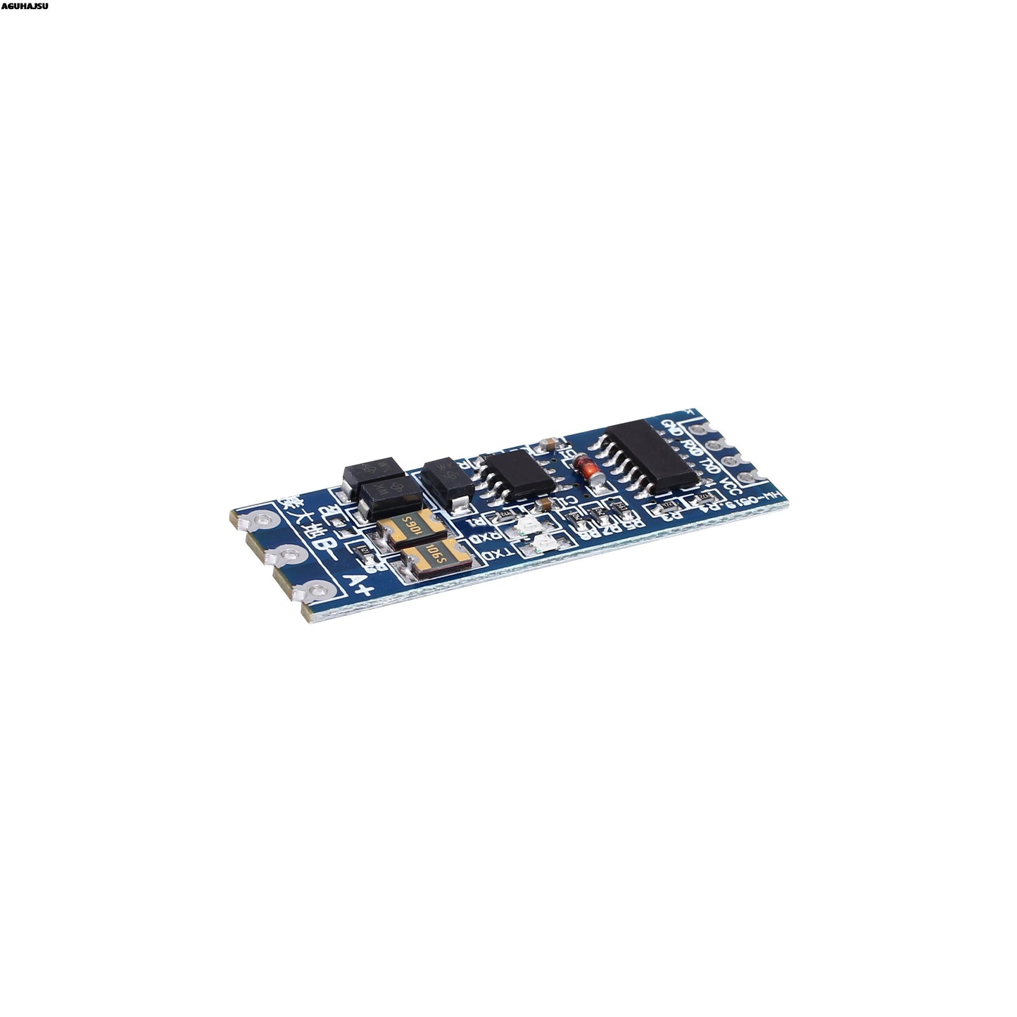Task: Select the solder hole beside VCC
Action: point(757,476)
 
